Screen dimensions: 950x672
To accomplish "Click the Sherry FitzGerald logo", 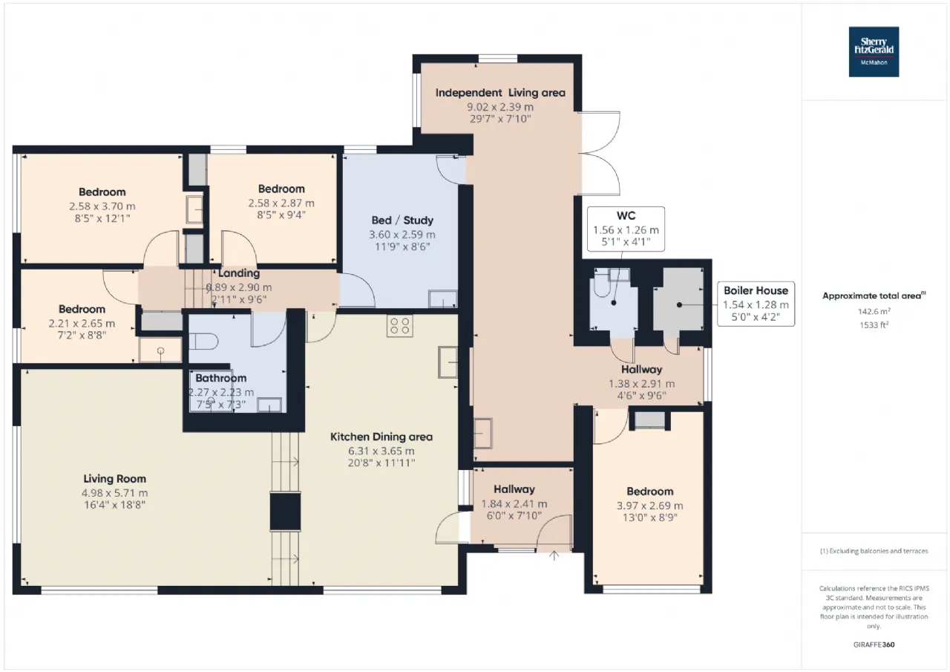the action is tap(874, 52).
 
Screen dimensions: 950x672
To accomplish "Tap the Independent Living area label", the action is tap(500, 93).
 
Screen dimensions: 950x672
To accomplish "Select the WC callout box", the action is tap(626, 229).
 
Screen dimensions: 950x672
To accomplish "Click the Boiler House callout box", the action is tap(756, 304).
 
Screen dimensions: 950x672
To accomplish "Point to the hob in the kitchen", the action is tap(399, 326).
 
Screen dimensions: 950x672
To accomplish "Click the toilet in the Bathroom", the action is tap(203, 341).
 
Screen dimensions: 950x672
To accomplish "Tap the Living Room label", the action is tap(114, 478).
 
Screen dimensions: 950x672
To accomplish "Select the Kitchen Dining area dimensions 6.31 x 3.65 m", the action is tap(381, 451).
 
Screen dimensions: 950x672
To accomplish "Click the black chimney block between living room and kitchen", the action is tap(286, 511).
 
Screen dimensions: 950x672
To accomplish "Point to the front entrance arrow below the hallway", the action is tap(554, 555).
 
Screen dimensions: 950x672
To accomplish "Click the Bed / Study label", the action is tap(402, 221).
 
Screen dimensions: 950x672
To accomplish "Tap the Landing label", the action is tap(239, 273).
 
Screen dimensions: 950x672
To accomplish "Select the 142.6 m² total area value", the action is tap(874, 311).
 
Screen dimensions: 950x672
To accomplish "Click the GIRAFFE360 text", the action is tap(874, 645).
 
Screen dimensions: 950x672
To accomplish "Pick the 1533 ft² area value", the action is tap(874, 325).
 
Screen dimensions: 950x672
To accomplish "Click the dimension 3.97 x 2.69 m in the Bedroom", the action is tap(649, 506).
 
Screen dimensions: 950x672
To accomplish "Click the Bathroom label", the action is tap(220, 378).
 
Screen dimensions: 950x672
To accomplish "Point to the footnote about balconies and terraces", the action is tap(874, 551).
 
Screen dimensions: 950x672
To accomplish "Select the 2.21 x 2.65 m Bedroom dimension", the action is tap(82, 323).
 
